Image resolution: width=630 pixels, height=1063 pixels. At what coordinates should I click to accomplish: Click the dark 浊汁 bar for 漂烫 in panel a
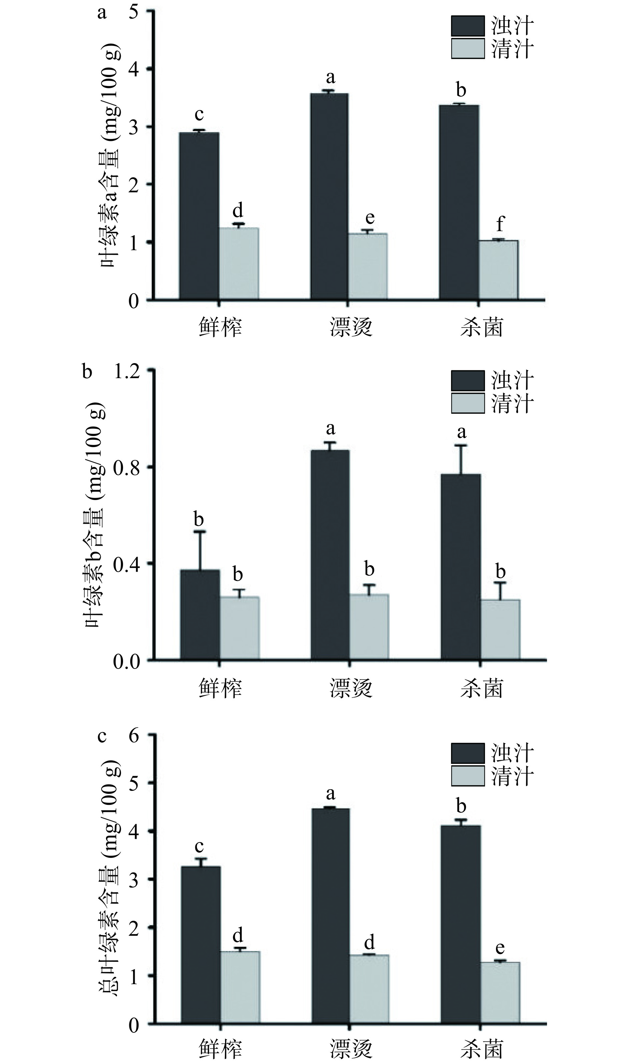(x=329, y=197)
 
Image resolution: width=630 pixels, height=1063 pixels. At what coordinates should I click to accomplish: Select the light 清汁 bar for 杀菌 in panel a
(x=498, y=270)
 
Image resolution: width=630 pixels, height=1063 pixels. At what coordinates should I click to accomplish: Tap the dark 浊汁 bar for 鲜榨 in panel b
(x=200, y=615)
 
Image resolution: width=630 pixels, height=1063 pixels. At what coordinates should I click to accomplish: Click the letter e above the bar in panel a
(x=370, y=218)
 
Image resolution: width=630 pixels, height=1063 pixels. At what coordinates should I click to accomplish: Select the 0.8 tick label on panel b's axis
(x=127, y=467)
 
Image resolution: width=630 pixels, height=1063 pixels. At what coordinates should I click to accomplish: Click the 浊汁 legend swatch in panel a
(x=467, y=26)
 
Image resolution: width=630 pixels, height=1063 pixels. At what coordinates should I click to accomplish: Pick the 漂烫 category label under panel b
(x=351, y=688)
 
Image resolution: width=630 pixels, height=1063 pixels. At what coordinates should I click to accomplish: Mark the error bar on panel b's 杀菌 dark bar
(x=461, y=459)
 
